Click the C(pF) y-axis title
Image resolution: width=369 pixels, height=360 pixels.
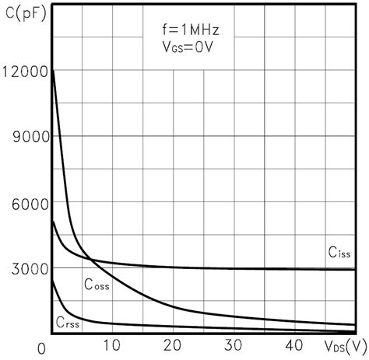tap(23, 10)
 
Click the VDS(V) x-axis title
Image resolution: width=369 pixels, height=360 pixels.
tap(343, 345)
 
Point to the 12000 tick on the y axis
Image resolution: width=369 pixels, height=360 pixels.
tap(25, 72)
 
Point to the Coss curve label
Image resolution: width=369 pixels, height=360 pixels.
tap(97, 285)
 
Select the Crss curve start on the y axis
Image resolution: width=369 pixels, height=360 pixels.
tap(51, 281)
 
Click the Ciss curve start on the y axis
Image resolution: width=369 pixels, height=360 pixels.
tap(51, 222)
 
